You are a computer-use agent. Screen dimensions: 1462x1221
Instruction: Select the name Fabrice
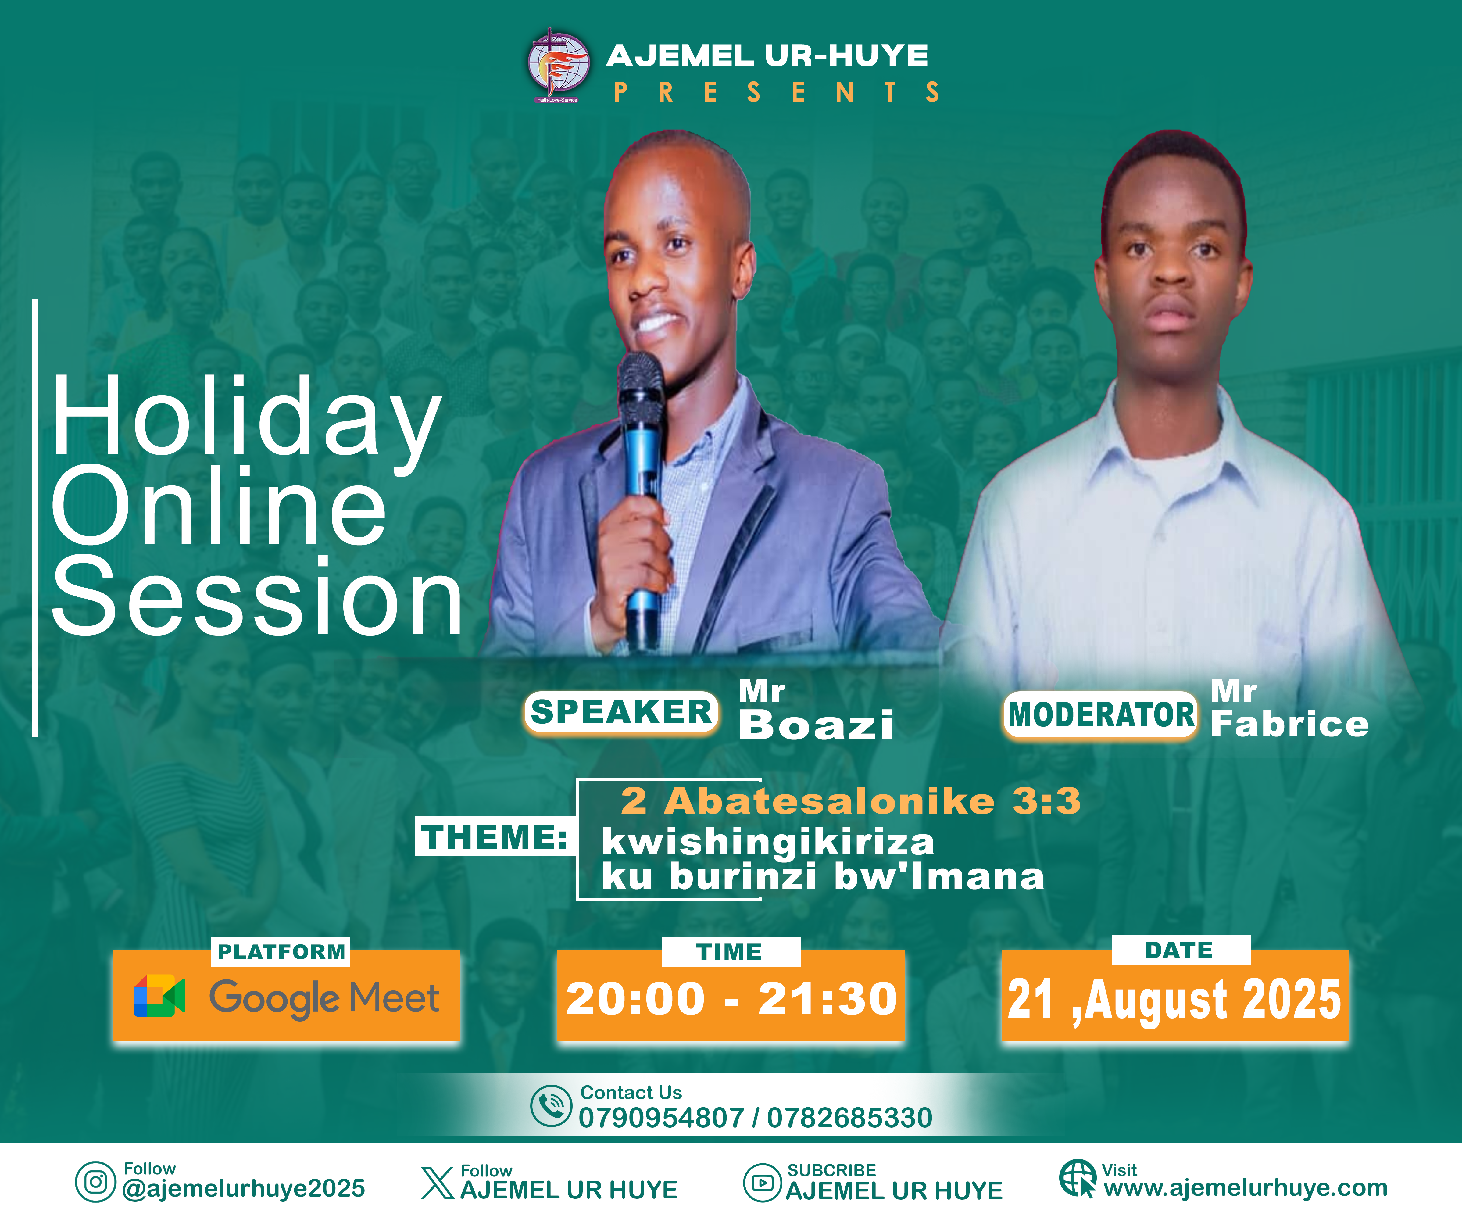click(1289, 724)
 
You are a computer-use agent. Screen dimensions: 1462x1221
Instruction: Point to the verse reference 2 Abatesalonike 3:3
click(851, 800)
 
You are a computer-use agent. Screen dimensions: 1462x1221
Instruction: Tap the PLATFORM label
click(281, 952)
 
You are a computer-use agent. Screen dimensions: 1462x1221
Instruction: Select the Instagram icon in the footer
click(95, 1182)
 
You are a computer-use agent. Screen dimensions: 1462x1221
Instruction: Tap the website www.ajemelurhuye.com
click(1246, 1187)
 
